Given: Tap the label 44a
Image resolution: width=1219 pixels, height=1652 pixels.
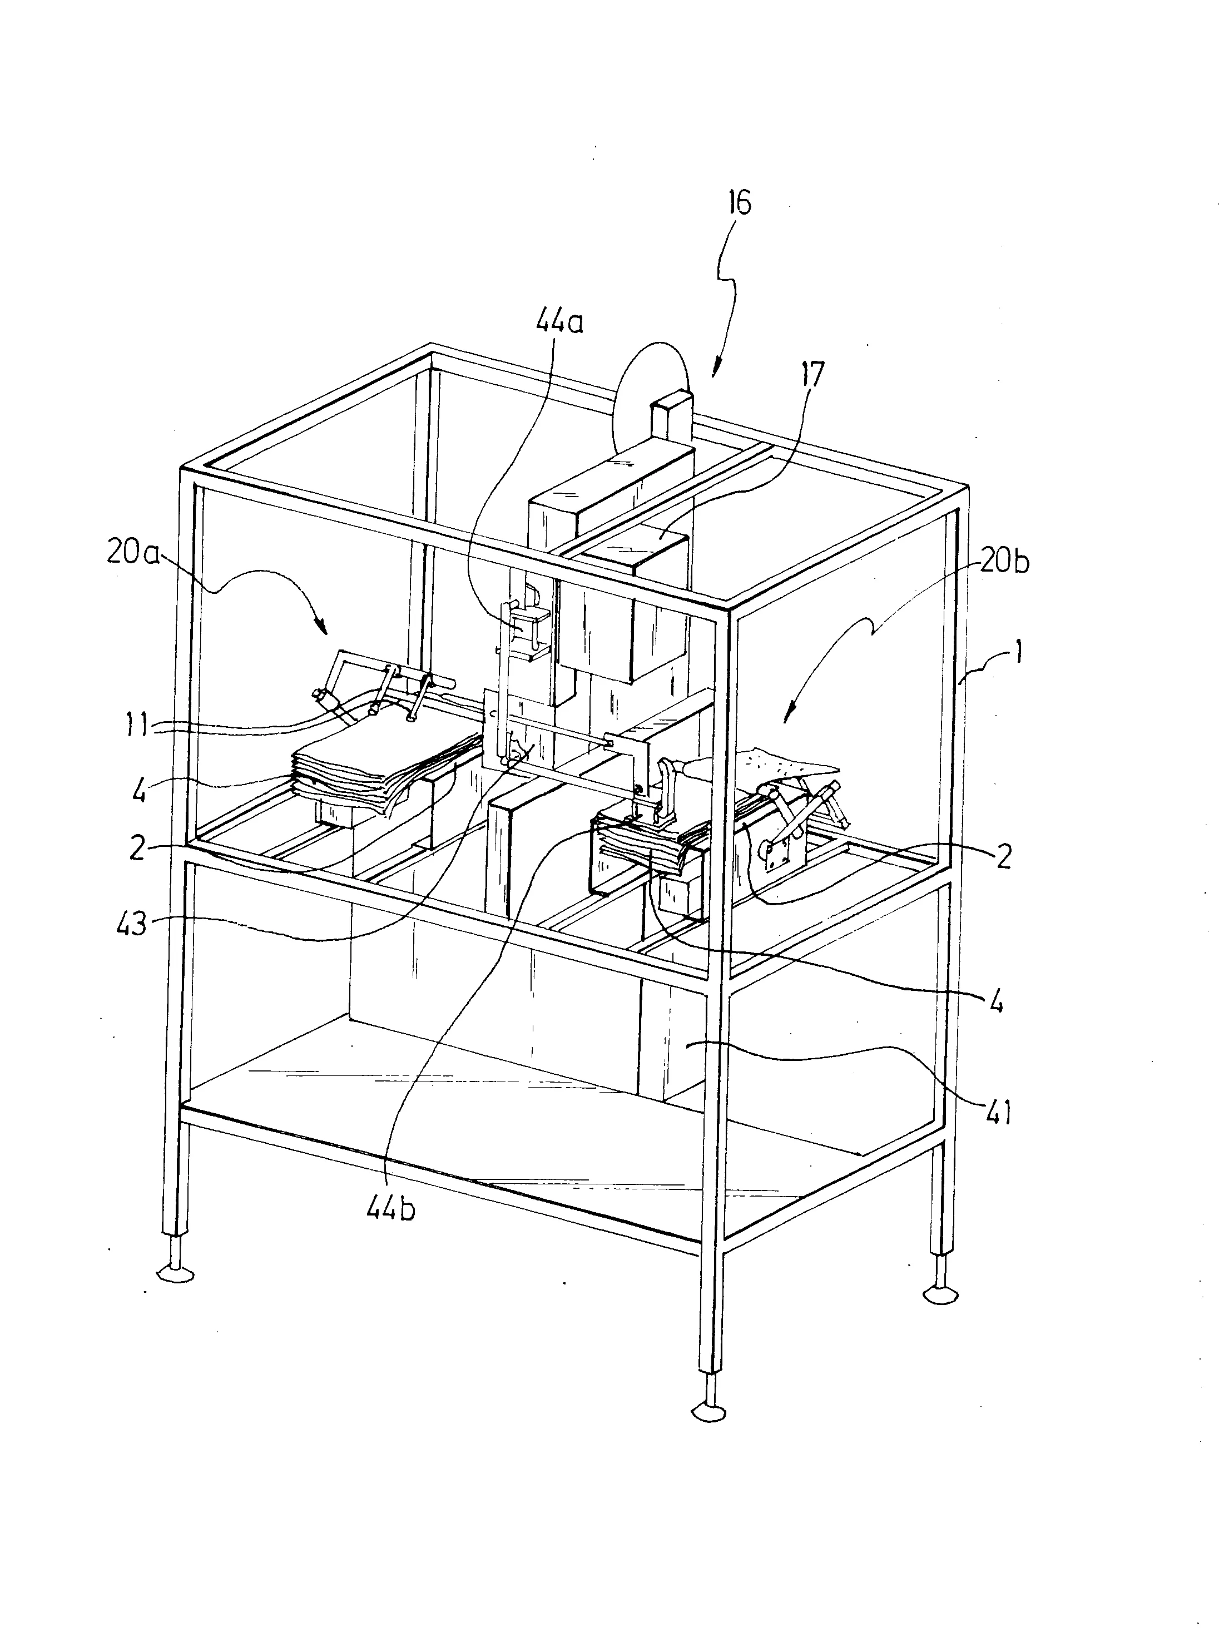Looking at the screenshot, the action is [x=558, y=322].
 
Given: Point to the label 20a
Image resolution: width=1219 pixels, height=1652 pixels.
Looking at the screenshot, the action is [x=133, y=552].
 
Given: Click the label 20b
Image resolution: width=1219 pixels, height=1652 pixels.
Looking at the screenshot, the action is [x=1004, y=562].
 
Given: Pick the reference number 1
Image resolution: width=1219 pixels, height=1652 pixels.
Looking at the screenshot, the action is [x=1018, y=652].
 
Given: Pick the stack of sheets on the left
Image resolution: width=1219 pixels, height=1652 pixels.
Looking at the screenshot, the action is [x=388, y=771].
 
